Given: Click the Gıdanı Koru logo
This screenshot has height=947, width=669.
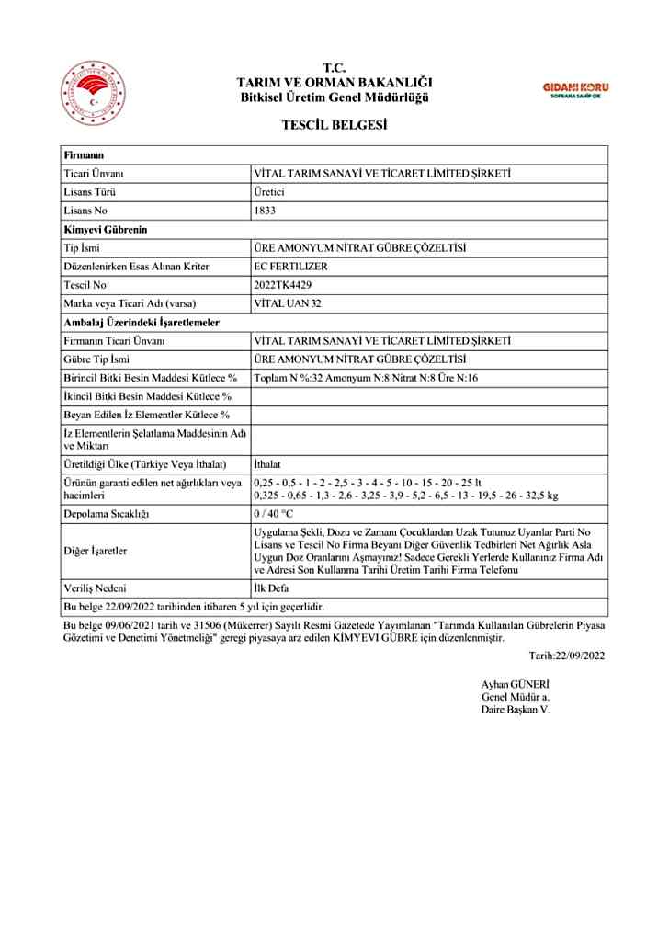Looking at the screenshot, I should point(576,89).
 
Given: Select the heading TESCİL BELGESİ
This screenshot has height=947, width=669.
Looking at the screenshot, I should point(334,124).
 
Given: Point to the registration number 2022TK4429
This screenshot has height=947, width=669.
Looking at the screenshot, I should point(283,284).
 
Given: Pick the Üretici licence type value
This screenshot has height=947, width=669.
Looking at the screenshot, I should point(269,192).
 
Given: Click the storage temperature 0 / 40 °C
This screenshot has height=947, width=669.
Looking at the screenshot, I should point(273,512).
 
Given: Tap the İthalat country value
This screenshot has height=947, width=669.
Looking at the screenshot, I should point(267,463).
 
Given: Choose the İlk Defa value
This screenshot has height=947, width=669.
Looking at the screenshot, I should point(270,588).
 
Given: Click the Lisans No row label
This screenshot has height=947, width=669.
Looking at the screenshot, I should point(86,211).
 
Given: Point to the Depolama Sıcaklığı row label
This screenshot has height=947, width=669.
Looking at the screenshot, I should point(106,512).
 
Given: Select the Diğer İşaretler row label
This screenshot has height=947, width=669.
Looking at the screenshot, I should point(95,551).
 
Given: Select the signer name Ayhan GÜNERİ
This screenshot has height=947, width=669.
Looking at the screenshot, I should point(515,685).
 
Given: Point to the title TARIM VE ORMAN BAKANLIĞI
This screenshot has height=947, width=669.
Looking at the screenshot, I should point(334,83).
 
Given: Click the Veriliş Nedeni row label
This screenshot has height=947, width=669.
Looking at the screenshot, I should point(95,588).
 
